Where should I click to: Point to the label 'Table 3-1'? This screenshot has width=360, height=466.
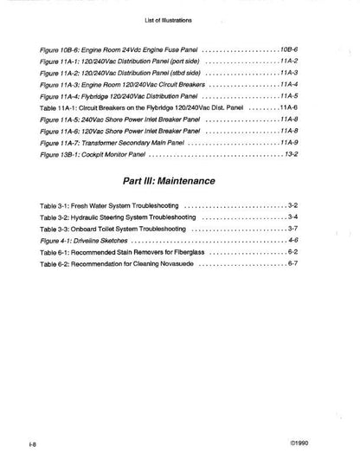point(57,205)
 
